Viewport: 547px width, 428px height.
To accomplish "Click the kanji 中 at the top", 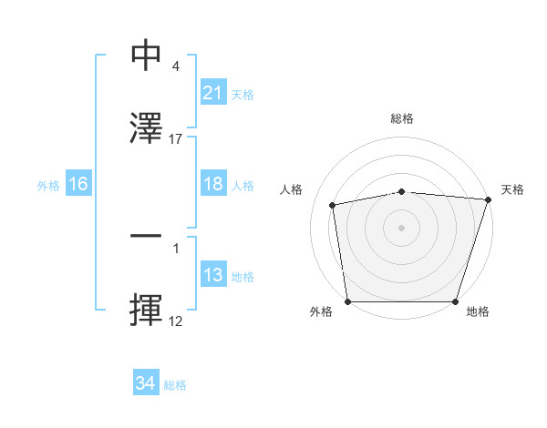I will point(147,56).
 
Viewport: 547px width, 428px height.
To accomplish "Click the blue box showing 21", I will point(212,93).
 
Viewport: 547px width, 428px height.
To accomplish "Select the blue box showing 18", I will point(212,184).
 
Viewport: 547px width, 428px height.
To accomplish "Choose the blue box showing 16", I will point(78,184).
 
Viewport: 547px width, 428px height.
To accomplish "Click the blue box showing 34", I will point(145,383).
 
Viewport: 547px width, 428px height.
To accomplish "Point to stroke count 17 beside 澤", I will point(176,139).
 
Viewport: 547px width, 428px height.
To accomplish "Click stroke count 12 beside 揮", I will point(176,321).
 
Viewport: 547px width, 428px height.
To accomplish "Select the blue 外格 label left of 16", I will point(48,185).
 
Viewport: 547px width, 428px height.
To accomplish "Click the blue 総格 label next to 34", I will point(175,384).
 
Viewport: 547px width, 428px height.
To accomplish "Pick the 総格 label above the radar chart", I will point(402,119).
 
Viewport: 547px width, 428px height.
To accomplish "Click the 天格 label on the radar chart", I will point(512,189).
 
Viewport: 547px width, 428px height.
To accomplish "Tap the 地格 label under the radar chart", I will point(478,312).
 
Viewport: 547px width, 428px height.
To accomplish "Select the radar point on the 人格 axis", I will point(333,205).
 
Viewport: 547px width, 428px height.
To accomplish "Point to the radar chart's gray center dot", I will point(402,228).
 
